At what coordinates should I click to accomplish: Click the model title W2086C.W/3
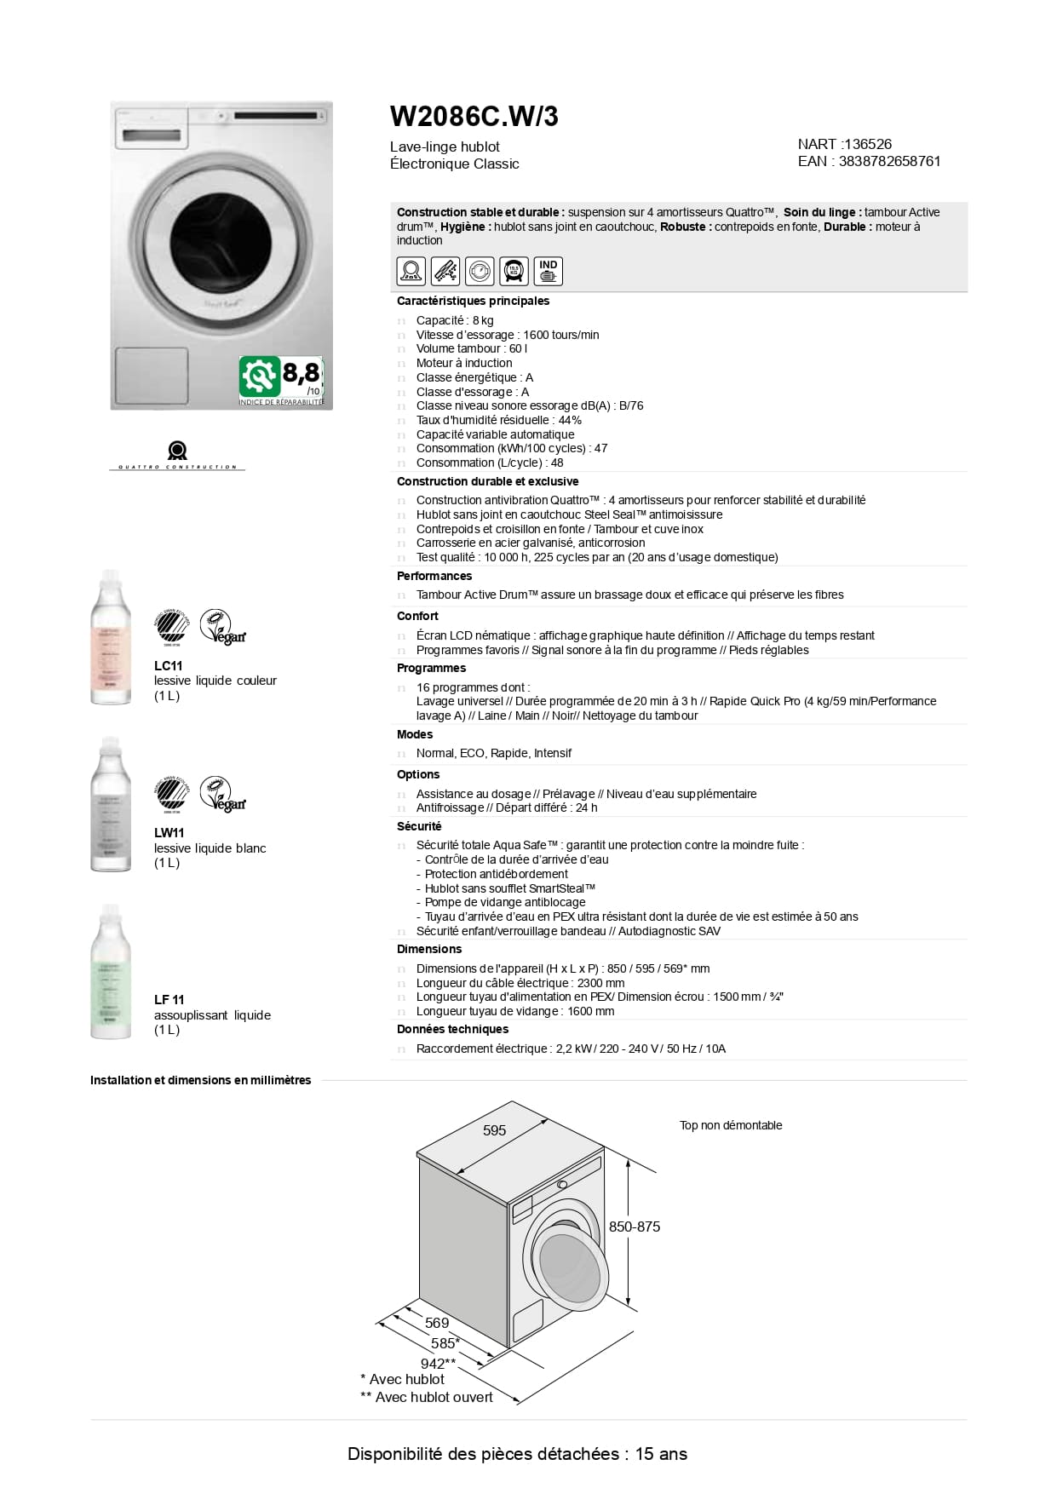click(x=474, y=117)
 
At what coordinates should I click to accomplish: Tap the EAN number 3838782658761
click(x=889, y=161)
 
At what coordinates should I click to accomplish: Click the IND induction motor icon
click(x=548, y=271)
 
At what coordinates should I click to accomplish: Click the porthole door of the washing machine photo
click(x=221, y=239)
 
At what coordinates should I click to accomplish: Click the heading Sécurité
click(x=419, y=826)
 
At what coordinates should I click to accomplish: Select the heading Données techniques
click(x=452, y=1029)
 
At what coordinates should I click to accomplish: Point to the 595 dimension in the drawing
click(x=494, y=1130)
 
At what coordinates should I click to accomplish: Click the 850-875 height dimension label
click(x=635, y=1227)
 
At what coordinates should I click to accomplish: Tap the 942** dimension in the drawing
click(x=439, y=1364)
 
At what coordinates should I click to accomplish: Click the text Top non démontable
click(x=731, y=1125)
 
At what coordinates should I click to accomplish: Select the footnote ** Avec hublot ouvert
click(x=427, y=1397)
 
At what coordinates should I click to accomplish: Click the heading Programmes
click(x=431, y=668)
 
